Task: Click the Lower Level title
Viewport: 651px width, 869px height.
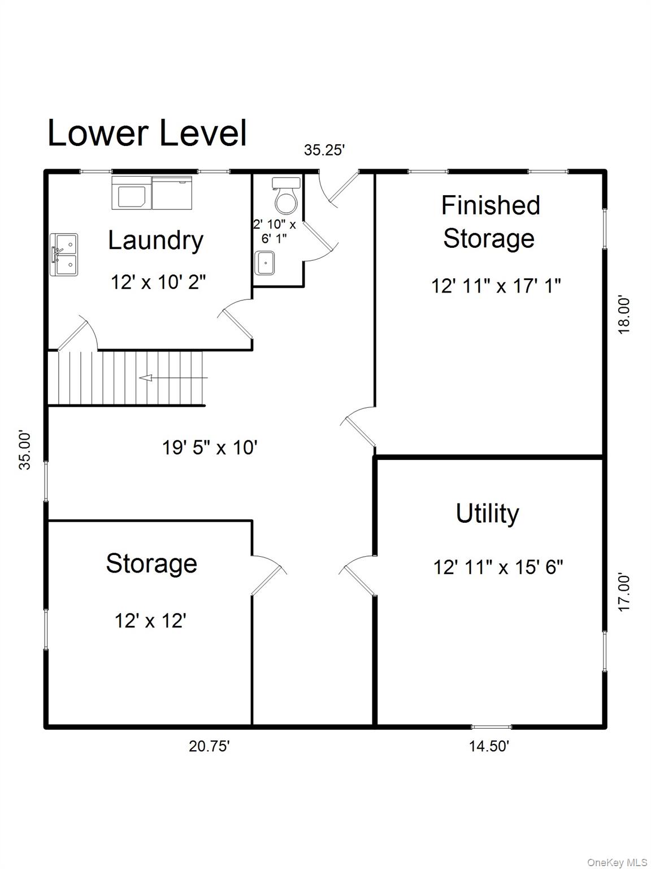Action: click(x=147, y=134)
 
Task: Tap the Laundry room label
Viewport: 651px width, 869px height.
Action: click(x=155, y=240)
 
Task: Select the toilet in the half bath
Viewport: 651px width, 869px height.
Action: click(x=286, y=195)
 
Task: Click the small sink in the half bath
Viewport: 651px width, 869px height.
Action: click(x=264, y=263)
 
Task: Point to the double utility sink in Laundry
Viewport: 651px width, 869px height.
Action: click(x=64, y=255)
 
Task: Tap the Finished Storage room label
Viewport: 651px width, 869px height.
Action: click(x=490, y=221)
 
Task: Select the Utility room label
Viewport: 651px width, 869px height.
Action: click(x=487, y=513)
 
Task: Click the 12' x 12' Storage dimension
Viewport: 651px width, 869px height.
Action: click(x=150, y=621)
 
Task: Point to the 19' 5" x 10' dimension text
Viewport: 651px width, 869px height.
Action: click(x=210, y=448)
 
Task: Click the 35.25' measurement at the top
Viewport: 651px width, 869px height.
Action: click(x=324, y=150)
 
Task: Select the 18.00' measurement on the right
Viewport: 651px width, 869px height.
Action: click(x=624, y=315)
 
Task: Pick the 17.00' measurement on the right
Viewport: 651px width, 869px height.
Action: click(x=624, y=592)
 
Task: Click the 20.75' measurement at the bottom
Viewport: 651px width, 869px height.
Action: click(x=209, y=746)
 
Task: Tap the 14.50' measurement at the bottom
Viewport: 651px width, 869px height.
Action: click(x=489, y=746)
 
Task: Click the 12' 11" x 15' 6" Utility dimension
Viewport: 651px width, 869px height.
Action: click(x=498, y=566)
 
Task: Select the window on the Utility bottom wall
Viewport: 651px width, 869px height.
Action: click(x=491, y=726)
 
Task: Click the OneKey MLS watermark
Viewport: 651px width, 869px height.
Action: click(x=617, y=862)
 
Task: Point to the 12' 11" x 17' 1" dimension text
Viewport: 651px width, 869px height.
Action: click(x=496, y=286)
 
